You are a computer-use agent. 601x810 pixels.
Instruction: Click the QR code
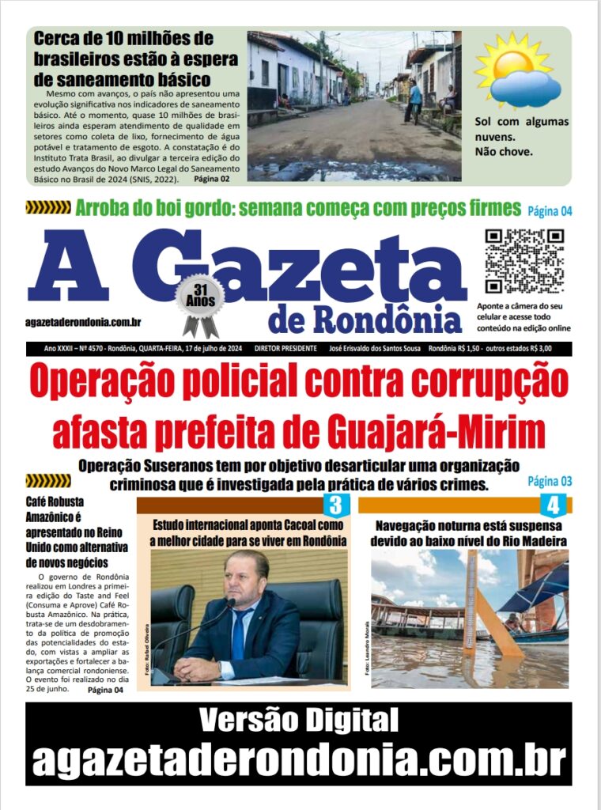[x=524, y=260]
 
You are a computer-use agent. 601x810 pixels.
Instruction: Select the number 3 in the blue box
[x=335, y=505]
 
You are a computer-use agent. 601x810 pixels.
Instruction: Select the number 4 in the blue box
[x=552, y=505]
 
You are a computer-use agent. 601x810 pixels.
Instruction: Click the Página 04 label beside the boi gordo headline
[x=549, y=210]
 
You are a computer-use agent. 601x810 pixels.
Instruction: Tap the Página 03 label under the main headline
[x=549, y=481]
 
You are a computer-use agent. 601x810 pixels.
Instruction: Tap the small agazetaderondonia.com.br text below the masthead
[x=83, y=322]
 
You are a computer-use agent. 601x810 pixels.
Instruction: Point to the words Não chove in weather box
[x=505, y=152]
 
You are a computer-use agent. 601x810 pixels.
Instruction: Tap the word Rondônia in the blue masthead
[x=387, y=319]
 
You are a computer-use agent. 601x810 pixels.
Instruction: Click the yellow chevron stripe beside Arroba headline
[x=48, y=208]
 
